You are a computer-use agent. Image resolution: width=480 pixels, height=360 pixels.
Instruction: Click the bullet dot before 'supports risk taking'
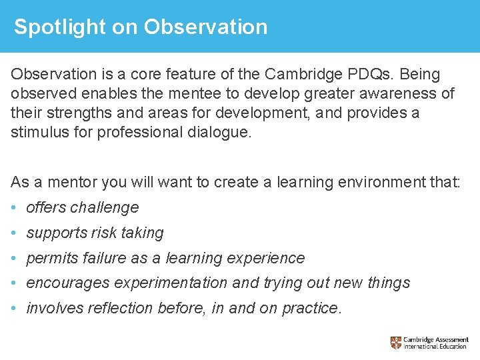tap(15, 233)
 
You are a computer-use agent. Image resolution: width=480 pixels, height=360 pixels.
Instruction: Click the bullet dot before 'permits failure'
tap(15, 258)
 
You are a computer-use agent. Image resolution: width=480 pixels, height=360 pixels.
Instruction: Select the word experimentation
tap(171, 283)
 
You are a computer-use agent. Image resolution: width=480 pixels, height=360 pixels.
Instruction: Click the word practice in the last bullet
tap(311, 308)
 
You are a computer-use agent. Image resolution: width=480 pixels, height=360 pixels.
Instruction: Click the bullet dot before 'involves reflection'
tap(15, 308)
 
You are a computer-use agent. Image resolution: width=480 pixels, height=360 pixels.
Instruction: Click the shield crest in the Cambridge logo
tap(396, 343)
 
